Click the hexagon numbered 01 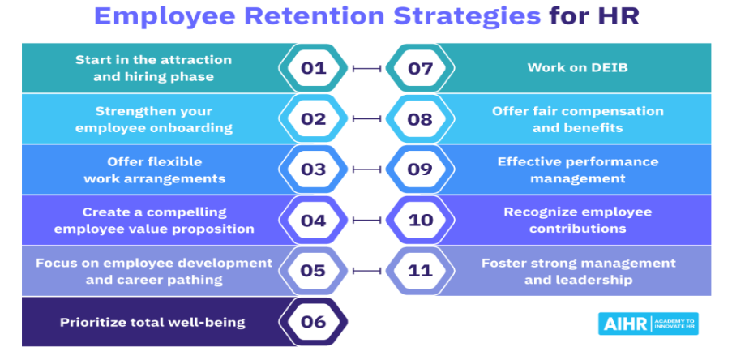(x=313, y=68)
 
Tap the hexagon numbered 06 (x=313, y=322)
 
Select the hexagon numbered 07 (x=421, y=68)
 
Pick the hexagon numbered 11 (x=421, y=271)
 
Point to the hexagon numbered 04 (x=313, y=221)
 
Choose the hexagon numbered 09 (x=421, y=169)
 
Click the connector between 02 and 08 (x=367, y=119)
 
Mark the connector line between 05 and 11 (x=367, y=271)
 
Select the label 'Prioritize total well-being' (x=152, y=322)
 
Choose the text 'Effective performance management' (x=578, y=169)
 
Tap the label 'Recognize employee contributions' (x=577, y=221)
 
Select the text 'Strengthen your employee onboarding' (x=153, y=119)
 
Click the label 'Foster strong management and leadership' (x=578, y=271)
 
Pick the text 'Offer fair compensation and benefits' (x=578, y=119)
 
